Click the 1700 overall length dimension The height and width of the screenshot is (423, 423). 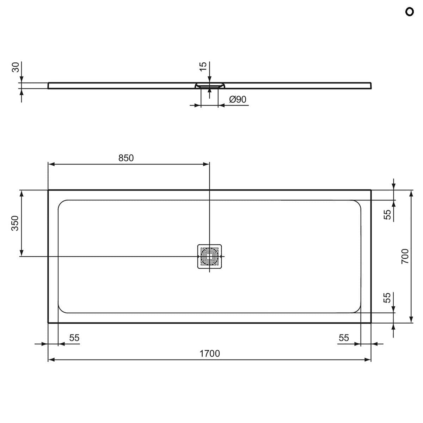coord(210,353)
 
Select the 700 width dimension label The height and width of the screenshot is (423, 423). coord(405,256)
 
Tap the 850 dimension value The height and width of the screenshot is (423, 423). coord(126,158)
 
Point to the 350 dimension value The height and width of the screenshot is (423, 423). coord(15,223)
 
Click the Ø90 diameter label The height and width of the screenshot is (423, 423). coord(238,100)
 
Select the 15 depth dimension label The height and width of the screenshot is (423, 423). coord(203,66)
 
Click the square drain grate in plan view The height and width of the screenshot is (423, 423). coord(209,256)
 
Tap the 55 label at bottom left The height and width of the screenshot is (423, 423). coord(74,338)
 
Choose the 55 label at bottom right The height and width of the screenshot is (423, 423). coord(344,338)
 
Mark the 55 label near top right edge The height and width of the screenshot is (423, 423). coord(387,215)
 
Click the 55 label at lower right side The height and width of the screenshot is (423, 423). coord(387,298)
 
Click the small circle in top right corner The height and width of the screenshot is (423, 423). coord(409,12)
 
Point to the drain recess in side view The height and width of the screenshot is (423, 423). coord(209,85)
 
